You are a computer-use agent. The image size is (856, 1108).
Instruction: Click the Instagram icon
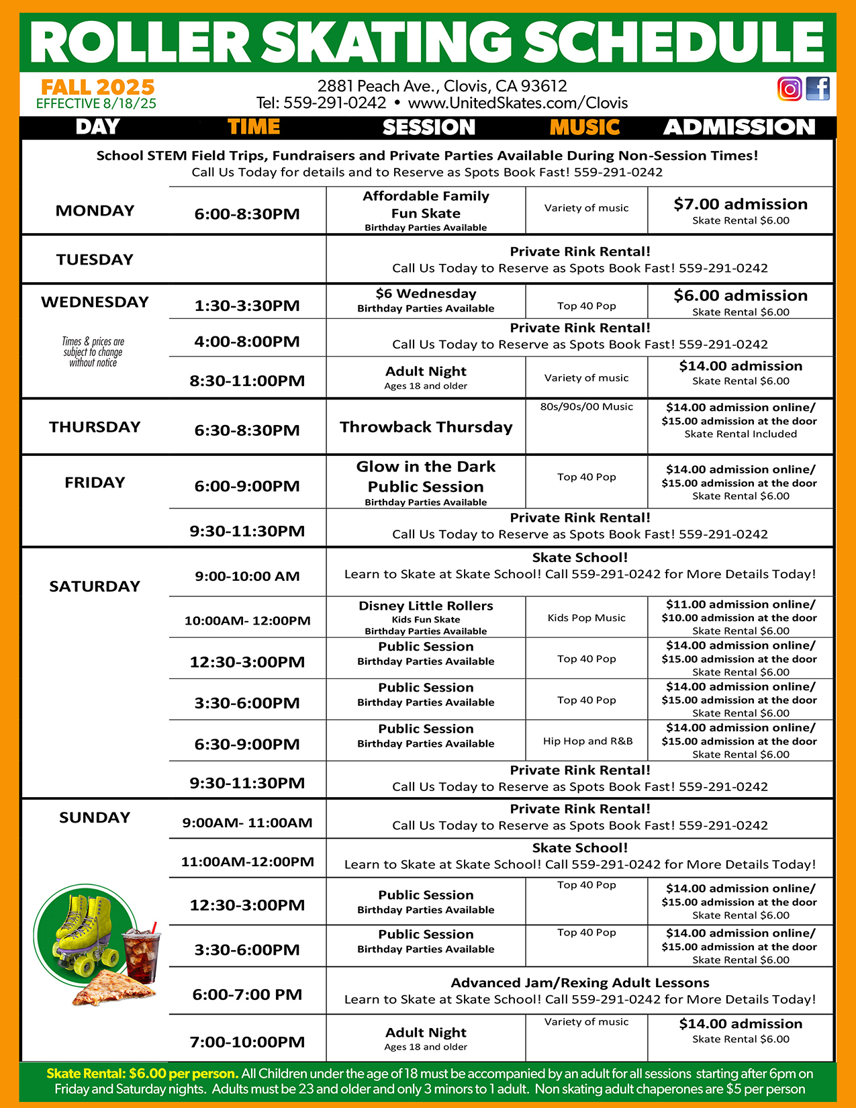point(790,89)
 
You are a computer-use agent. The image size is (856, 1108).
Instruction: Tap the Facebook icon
point(818,89)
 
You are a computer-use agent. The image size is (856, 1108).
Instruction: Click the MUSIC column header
point(584,127)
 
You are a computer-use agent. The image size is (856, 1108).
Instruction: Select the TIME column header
point(253,127)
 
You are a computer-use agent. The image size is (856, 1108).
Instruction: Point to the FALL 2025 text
point(98,87)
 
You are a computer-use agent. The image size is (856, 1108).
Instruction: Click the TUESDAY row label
point(95,260)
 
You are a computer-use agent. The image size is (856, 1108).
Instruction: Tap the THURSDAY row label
point(95,427)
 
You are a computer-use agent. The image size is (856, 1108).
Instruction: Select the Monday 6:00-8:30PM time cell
point(247,214)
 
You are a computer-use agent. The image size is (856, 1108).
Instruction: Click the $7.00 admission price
point(741,204)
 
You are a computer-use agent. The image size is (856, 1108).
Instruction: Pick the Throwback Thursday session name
point(426,427)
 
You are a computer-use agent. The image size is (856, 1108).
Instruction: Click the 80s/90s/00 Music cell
point(586,406)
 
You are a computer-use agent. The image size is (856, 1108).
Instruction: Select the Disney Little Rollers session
point(426,606)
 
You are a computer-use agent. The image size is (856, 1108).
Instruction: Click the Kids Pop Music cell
point(586,618)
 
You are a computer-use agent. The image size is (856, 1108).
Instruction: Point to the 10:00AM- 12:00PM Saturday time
point(247,621)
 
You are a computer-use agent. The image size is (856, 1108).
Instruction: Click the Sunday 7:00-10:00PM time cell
point(247,1042)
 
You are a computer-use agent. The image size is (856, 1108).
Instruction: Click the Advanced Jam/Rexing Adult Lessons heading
point(579,983)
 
